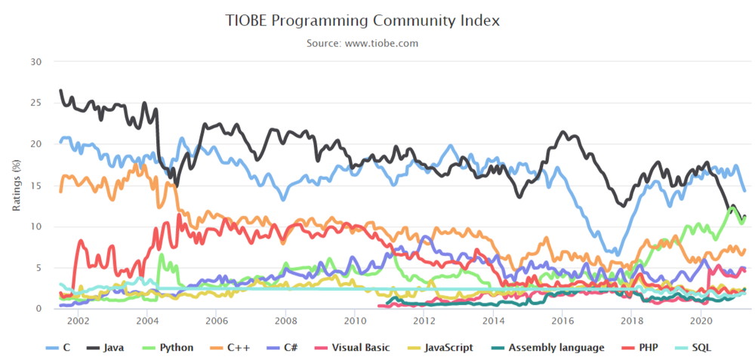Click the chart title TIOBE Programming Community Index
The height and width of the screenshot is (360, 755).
tap(362, 20)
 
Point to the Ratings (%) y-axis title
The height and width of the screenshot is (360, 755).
tap(17, 185)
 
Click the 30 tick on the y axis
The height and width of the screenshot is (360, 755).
tap(36, 62)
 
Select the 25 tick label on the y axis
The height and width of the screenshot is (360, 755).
tap(36, 103)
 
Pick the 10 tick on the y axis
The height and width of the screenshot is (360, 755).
tap(36, 226)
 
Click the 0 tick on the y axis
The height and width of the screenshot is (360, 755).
tap(39, 309)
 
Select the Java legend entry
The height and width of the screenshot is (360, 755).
tap(105, 347)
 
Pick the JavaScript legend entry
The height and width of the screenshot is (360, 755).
tap(440, 347)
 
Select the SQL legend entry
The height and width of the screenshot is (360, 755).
tap(694, 347)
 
